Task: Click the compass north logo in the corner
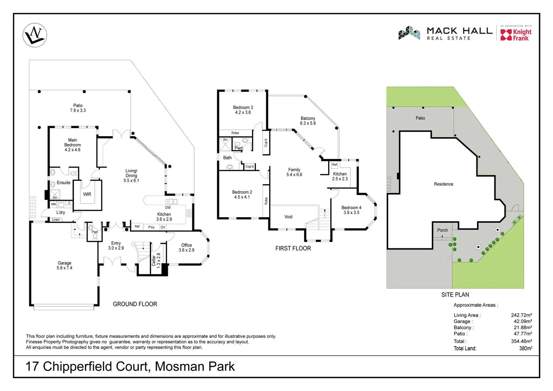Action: (35, 35)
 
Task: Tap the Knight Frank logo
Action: (516, 35)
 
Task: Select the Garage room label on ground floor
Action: (64, 265)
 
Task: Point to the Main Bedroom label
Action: (72, 145)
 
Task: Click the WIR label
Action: (87, 194)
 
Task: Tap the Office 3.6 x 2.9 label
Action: (187, 248)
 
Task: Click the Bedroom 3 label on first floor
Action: (243, 110)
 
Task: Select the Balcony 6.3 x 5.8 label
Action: (308, 121)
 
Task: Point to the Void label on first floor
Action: (288, 217)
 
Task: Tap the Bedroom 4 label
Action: (351, 210)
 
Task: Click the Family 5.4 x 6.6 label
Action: (294, 172)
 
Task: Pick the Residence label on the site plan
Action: (443, 184)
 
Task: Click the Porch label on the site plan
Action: (443, 230)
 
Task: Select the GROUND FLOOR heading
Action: (135, 304)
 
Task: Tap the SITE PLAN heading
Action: (455, 295)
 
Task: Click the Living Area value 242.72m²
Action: (521, 315)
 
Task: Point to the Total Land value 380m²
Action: (525, 349)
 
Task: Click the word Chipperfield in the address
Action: (96, 366)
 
